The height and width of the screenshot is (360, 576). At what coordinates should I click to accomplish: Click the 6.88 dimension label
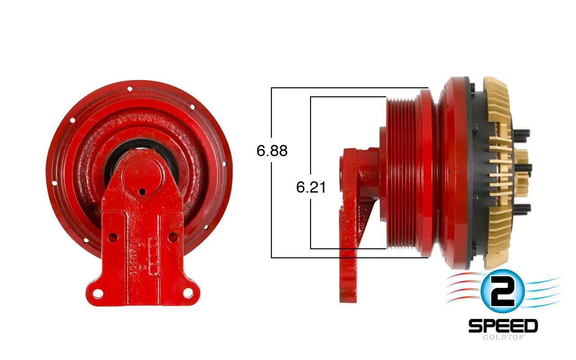point(272,151)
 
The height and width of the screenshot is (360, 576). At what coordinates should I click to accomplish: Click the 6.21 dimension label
point(311,187)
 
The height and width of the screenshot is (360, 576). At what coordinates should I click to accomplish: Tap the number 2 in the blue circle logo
point(502,291)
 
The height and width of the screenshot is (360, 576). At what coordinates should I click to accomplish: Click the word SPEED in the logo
point(503,326)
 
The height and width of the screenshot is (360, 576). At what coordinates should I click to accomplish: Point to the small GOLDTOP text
point(503,337)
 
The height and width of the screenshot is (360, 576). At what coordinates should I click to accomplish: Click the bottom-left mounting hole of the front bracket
point(98,293)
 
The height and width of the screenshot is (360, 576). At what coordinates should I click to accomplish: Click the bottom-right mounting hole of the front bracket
point(188,292)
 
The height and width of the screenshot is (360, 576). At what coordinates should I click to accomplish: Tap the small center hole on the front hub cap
point(142,192)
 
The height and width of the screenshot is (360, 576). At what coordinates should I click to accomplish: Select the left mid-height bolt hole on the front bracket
point(112,238)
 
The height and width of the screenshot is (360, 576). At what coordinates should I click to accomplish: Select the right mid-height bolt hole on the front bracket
point(172,237)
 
